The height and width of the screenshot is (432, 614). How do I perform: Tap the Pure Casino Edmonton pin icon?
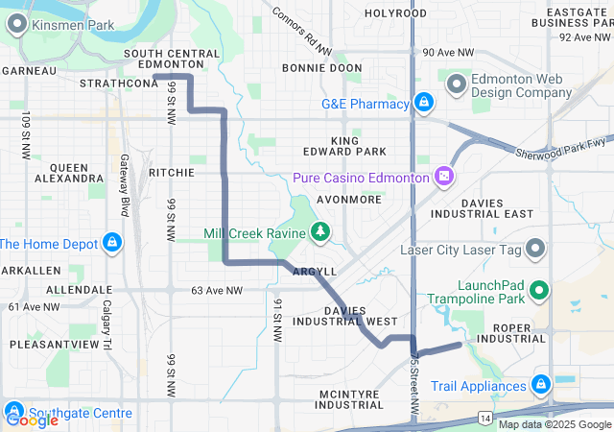point(443,177)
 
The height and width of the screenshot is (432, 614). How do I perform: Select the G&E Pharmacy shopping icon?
point(423,103)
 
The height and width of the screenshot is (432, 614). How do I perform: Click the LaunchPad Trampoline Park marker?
point(538,288)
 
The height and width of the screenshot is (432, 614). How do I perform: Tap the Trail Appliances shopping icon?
point(540,385)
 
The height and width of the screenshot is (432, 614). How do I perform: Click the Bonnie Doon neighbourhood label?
point(321,68)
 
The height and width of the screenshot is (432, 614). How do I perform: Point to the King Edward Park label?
point(358,146)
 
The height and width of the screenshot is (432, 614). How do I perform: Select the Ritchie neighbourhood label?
point(172,173)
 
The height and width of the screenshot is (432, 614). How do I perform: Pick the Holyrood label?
point(395,13)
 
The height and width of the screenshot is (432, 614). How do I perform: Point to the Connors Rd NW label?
point(301,31)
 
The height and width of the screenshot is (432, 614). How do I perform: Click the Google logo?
point(32,420)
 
